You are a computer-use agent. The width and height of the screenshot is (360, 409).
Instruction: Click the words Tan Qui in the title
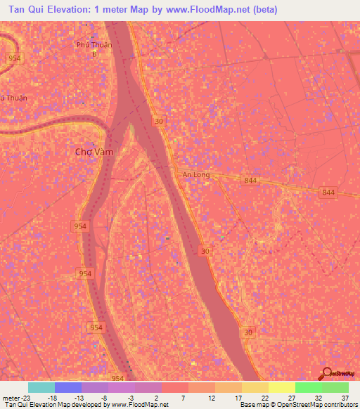pyautogui.click(x=27, y=10)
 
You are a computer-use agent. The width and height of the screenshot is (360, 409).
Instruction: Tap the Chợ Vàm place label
pyautogui.click(x=94, y=151)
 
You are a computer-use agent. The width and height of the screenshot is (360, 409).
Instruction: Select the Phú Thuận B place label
pyautogui.click(x=94, y=48)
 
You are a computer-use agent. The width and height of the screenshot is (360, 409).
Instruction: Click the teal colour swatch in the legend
pyautogui.click(x=41, y=387)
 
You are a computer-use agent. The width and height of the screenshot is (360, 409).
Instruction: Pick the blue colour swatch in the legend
pyautogui.click(x=68, y=387)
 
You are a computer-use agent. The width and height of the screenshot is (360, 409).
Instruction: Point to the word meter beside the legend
pyautogui.click(x=12, y=396)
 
